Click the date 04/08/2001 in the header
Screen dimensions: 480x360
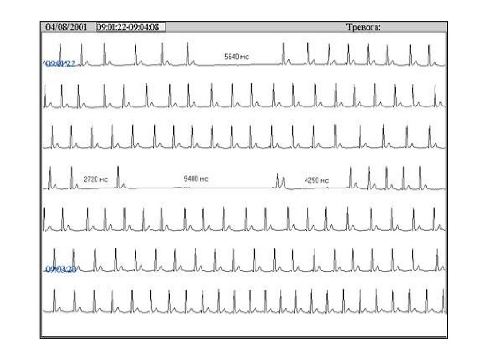66,27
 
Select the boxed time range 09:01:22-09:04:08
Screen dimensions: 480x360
127,27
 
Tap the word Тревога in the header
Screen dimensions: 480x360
363,27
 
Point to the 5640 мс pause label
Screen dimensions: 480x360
237,57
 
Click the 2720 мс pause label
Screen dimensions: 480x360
96,179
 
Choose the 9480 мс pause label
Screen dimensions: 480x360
196,179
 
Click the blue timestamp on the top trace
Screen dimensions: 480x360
59,64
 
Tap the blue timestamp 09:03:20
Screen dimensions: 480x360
61,269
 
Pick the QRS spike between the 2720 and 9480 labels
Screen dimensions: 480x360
118,176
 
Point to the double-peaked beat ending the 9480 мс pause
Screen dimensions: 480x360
280,181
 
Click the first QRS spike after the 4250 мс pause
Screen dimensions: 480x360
350,177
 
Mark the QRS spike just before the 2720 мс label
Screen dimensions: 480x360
71,176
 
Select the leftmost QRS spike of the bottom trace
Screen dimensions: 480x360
54,300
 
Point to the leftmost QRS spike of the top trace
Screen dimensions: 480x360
60,52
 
